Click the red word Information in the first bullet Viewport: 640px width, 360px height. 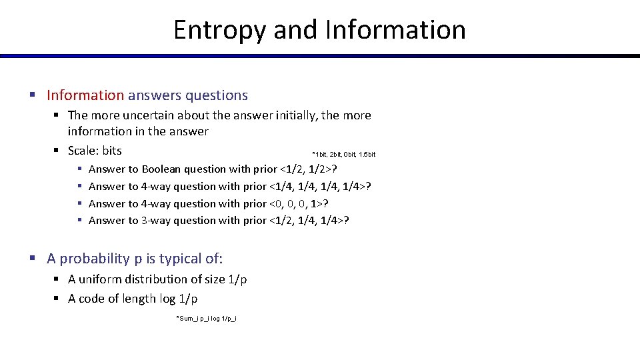85,95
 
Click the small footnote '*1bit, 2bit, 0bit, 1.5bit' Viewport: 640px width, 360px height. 344,155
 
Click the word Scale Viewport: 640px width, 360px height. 83,151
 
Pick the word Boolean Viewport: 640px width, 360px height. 161,169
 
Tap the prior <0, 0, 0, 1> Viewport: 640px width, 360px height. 298,203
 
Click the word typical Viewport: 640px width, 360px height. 177,259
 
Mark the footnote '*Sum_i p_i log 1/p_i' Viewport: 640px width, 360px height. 206,319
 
